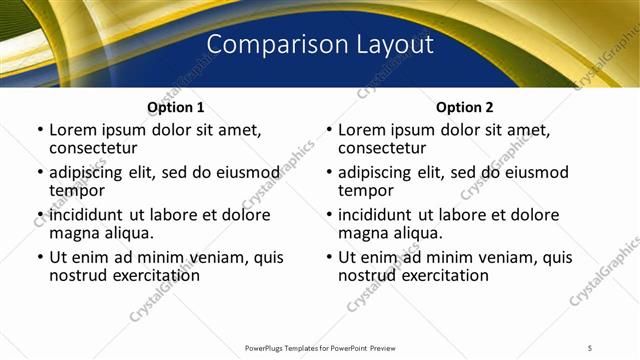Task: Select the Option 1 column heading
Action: (176, 107)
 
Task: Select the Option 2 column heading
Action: (465, 107)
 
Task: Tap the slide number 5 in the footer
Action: (590, 347)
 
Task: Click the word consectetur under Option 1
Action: (97, 148)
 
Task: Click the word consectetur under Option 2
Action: (386, 148)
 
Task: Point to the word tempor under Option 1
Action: (77, 190)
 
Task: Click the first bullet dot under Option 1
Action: (40, 130)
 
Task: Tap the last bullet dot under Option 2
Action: (329, 257)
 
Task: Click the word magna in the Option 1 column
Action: (73, 233)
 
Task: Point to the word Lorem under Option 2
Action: (361, 130)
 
